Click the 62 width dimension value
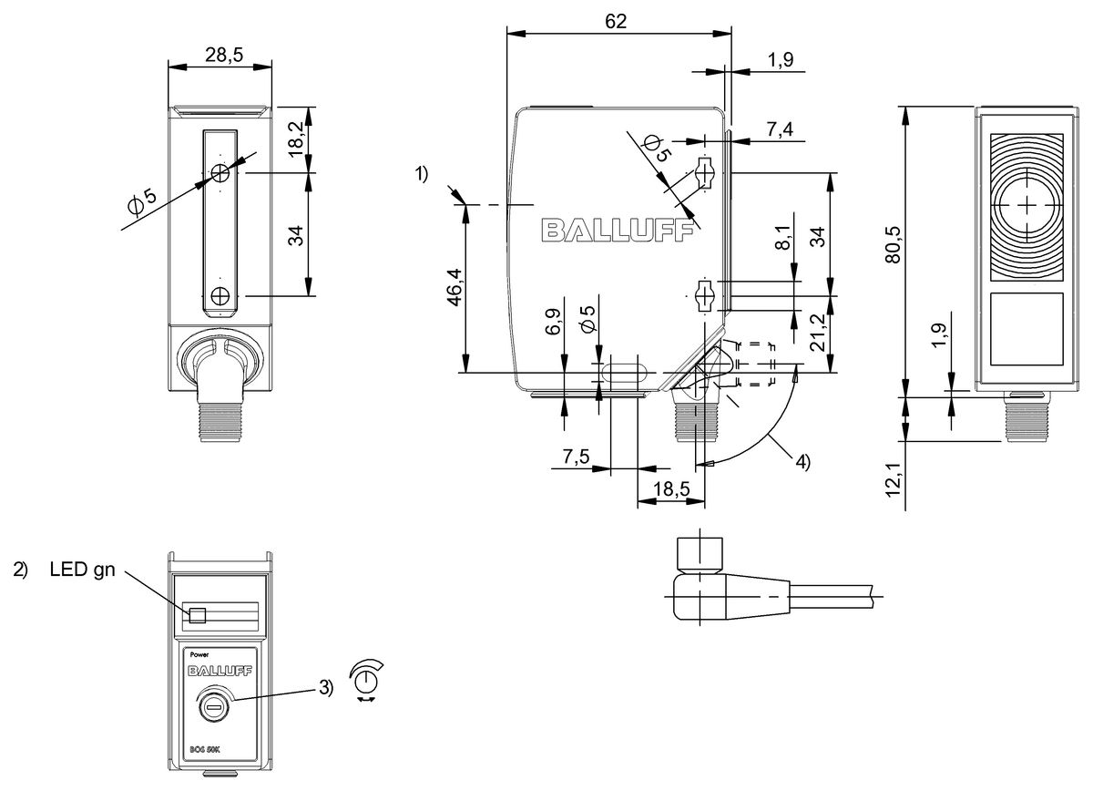coord(617,21)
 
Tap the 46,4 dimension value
coord(455,289)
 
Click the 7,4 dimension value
coord(779,129)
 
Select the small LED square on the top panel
coord(197,615)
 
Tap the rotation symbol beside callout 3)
coord(367,680)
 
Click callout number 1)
coord(422,174)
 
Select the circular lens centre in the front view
coord(1027,205)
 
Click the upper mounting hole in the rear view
coord(220,173)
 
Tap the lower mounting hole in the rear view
coord(220,295)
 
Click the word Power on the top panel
coord(198,654)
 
